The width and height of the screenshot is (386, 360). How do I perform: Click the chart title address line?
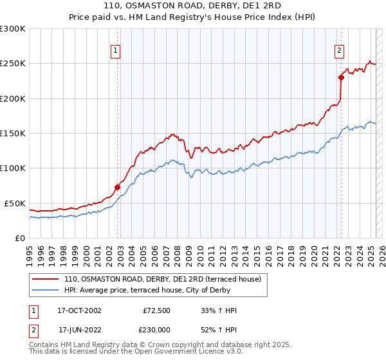point(192,6)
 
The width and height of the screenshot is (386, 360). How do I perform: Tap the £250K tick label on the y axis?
point(13,64)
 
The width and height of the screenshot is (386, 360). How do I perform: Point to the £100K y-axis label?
point(13,168)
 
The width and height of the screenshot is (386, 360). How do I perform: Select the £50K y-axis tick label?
point(15,203)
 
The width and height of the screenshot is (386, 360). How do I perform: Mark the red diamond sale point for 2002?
point(118,187)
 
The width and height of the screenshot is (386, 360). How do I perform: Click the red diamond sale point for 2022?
point(342,78)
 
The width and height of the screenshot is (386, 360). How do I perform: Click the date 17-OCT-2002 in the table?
point(79,310)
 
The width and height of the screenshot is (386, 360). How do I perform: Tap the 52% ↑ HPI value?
point(219,330)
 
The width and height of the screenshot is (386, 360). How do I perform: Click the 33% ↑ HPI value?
point(219,310)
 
